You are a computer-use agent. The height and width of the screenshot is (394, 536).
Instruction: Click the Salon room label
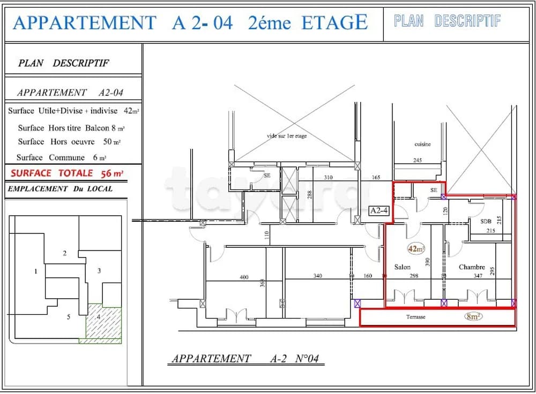click(x=403, y=267)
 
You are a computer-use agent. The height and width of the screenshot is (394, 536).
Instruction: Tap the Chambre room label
click(x=472, y=267)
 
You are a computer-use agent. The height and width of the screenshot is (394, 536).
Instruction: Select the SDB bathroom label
click(x=486, y=221)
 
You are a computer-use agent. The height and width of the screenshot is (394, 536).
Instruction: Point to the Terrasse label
click(x=415, y=317)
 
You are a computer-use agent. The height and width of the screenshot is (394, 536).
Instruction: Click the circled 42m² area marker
click(x=416, y=249)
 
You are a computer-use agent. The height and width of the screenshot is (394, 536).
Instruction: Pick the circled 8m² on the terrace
click(x=473, y=316)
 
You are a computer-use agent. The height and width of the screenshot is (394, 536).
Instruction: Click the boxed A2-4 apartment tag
click(x=379, y=211)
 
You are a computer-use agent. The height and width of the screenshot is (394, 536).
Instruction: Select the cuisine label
click(x=422, y=144)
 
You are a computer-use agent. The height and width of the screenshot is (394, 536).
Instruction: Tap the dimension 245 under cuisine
click(x=418, y=160)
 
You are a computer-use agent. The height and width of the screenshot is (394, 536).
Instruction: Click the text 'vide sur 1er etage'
click(x=287, y=136)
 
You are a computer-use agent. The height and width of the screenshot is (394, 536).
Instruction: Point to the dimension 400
click(x=244, y=277)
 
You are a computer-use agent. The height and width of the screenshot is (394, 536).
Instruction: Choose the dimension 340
click(x=317, y=276)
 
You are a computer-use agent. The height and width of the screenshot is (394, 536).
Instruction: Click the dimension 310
click(x=328, y=177)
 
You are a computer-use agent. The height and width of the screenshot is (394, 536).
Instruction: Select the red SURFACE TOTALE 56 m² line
click(x=67, y=173)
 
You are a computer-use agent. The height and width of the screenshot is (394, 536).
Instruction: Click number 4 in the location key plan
click(x=99, y=316)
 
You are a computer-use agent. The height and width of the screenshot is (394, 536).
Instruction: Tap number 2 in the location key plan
click(x=65, y=253)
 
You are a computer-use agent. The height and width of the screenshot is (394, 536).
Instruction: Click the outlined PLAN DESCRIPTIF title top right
click(x=447, y=21)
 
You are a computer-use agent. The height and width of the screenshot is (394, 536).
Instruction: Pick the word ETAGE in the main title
click(x=334, y=22)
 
